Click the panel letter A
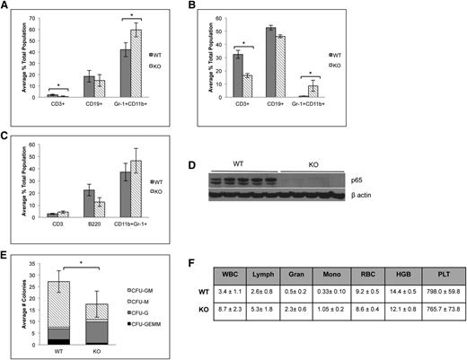point(6,7)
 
